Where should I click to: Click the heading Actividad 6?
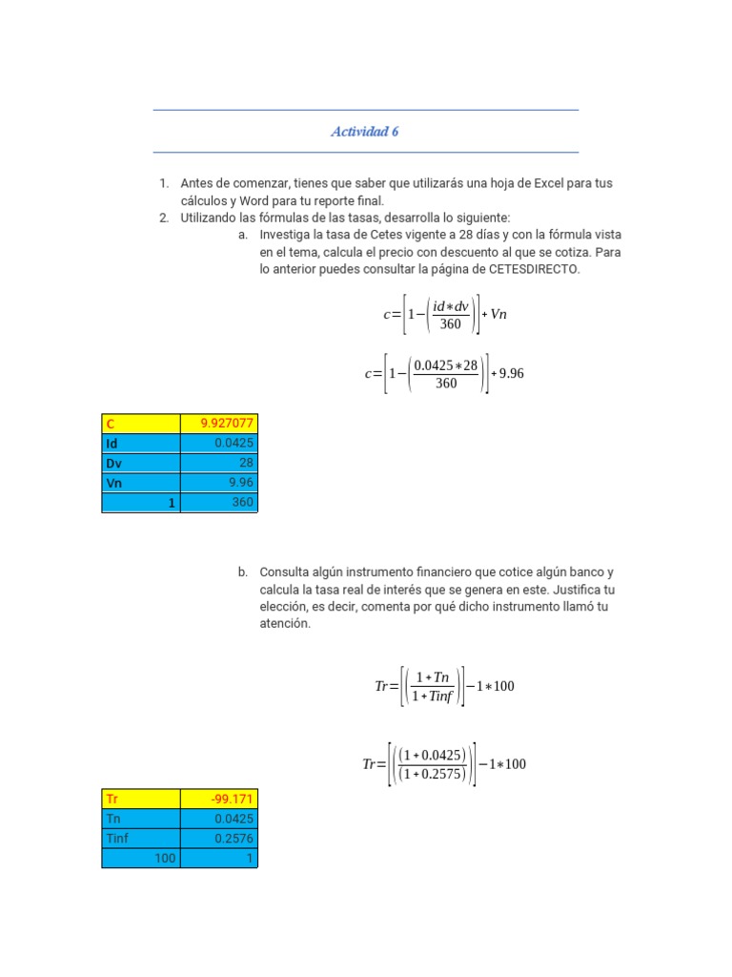[364, 132]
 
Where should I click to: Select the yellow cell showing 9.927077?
[218, 424]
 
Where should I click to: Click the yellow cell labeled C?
[141, 424]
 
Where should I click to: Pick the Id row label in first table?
[141, 444]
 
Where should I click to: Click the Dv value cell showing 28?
[218, 463]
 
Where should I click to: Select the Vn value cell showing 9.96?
[218, 483]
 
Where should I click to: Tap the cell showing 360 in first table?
[218, 503]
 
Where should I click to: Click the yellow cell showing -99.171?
[218, 799]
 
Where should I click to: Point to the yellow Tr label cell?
[141, 799]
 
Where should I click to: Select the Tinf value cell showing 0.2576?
[218, 839]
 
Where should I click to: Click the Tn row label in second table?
[141, 819]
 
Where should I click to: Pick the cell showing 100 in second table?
[141, 859]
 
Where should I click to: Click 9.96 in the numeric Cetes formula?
[512, 374]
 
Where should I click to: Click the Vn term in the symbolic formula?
[498, 315]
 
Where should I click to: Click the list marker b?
[243, 572]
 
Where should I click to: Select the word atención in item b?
[285, 623]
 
